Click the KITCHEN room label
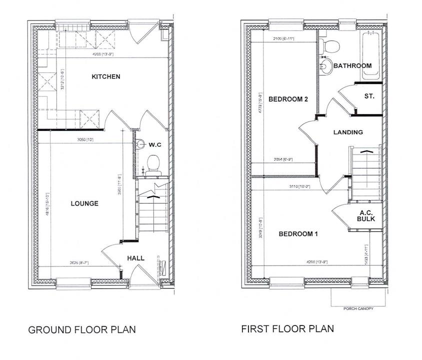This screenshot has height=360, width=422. [x=105, y=76]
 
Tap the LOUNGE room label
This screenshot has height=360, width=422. [x=84, y=203]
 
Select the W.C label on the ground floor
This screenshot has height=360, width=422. [x=155, y=144]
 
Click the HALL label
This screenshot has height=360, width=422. [x=135, y=258]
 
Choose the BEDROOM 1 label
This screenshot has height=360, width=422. [x=298, y=234]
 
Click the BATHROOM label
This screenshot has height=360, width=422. [x=352, y=65]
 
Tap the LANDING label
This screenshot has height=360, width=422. [x=347, y=132]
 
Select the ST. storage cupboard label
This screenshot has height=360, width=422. [x=369, y=96]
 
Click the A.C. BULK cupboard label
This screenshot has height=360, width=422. [x=366, y=215]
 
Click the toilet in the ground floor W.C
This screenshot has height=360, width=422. [x=153, y=162]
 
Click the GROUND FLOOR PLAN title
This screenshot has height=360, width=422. [x=81, y=330]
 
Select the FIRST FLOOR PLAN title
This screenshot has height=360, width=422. [x=287, y=329]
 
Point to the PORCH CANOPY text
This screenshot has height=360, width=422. [x=357, y=308]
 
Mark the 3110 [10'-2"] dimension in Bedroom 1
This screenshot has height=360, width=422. [x=300, y=186]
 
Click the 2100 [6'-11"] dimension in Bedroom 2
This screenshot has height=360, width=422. [x=282, y=38]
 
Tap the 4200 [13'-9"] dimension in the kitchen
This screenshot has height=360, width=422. [x=103, y=54]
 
